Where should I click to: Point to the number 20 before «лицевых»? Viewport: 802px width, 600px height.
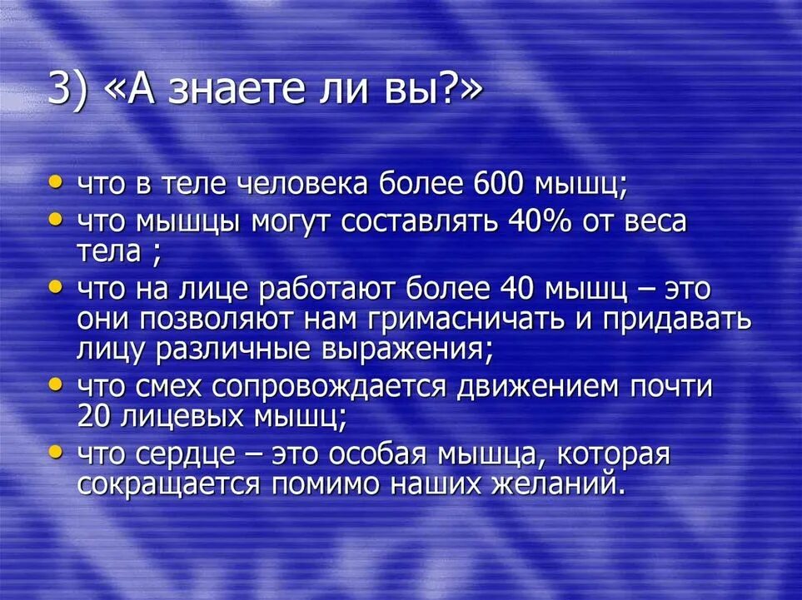coord(92,416)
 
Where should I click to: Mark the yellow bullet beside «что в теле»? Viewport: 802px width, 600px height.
coord(55,181)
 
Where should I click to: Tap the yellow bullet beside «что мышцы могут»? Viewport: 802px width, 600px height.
coord(55,221)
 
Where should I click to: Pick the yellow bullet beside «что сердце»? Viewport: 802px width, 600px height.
coord(55,454)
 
